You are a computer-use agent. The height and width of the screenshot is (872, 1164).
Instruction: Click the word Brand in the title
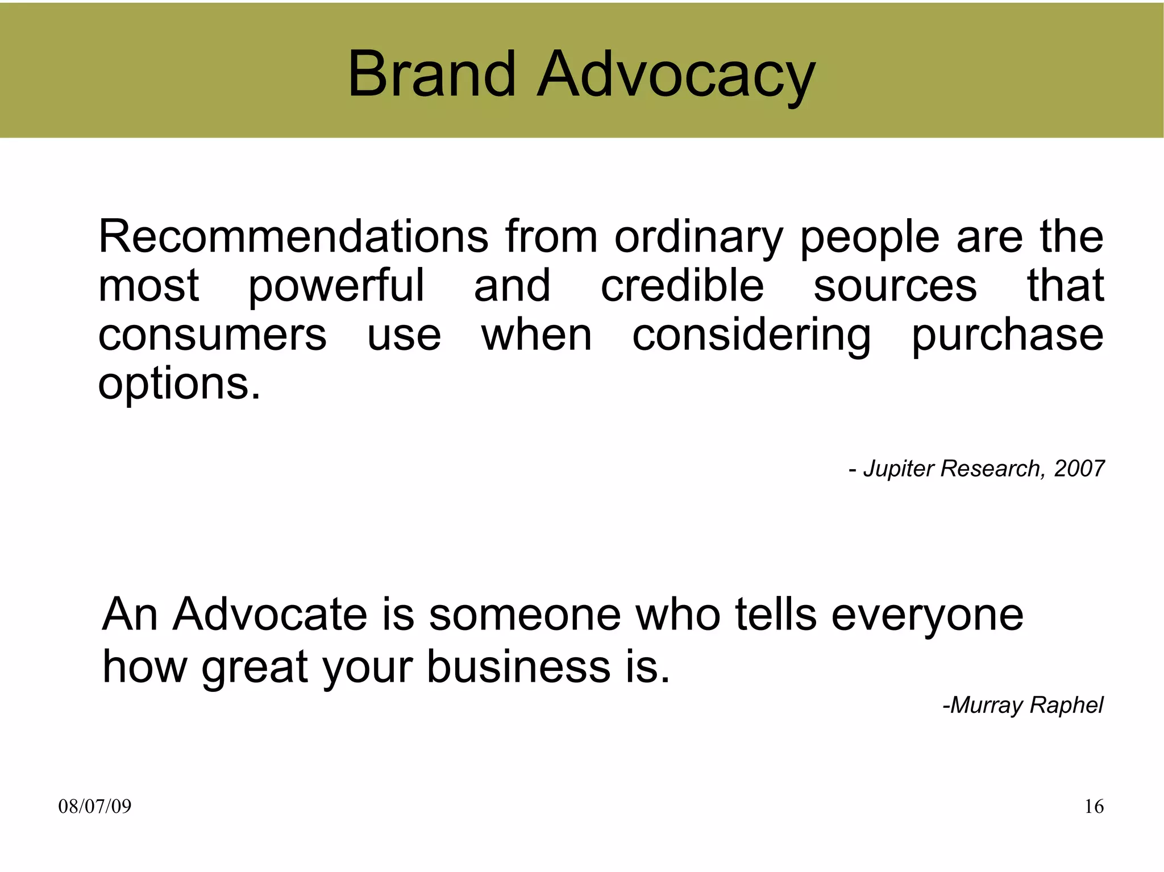click(431, 74)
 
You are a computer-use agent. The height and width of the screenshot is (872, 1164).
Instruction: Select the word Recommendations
click(293, 236)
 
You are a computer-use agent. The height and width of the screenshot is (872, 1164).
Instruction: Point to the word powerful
click(336, 286)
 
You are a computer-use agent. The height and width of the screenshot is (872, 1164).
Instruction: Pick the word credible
click(682, 285)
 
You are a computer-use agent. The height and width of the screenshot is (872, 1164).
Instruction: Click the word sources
click(895, 286)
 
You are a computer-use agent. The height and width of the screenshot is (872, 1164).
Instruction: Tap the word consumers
click(213, 335)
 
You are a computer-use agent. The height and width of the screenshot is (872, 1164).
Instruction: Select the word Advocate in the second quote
click(271, 614)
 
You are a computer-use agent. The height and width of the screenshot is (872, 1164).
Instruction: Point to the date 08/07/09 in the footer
click(95, 806)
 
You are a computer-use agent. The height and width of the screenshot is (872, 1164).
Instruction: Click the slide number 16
click(1094, 806)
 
